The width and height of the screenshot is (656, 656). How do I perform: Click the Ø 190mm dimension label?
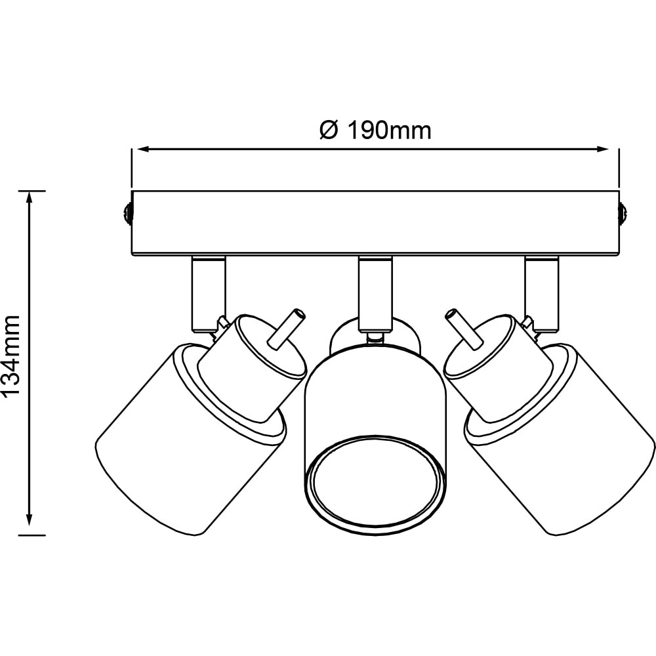coord(375,131)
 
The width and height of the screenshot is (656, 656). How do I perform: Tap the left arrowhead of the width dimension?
coord(144,148)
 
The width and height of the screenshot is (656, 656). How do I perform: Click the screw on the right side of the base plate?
coord(623,213)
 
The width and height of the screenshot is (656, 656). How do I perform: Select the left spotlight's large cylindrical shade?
coord(191,440)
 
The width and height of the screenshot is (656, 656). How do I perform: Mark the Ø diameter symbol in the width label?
coord(329,131)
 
